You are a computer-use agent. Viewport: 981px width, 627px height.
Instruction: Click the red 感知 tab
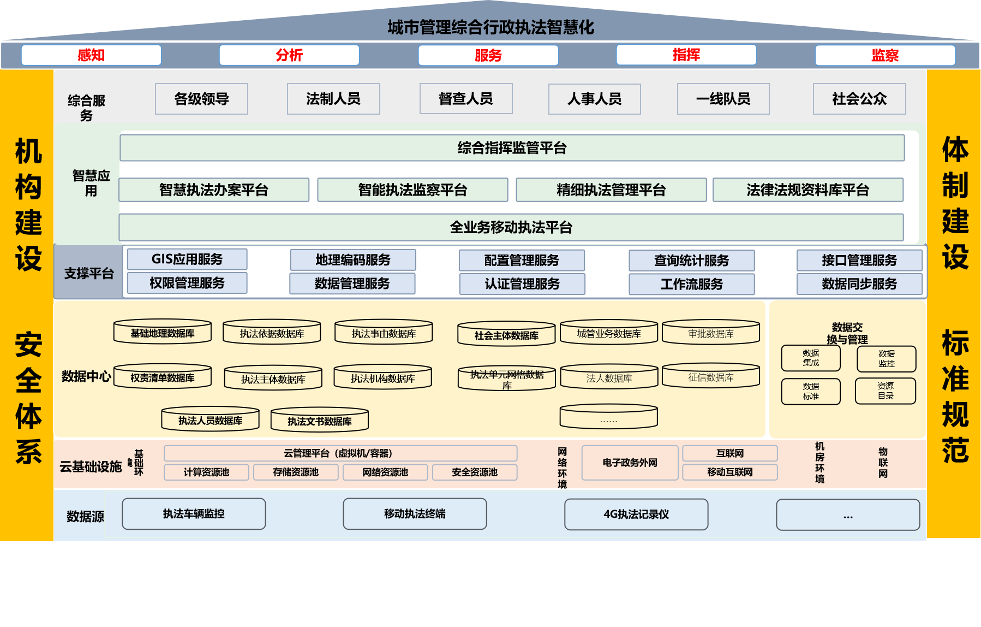(91, 55)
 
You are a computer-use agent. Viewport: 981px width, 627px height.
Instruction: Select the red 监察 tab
(884, 55)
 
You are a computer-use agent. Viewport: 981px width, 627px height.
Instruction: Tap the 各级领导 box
(201, 99)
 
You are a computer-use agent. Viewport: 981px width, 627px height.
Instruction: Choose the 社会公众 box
(859, 99)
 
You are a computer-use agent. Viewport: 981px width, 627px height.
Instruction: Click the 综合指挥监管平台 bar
(512, 148)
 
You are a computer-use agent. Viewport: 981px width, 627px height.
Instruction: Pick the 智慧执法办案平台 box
(214, 190)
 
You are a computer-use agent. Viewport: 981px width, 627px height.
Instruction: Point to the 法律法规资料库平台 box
(807, 190)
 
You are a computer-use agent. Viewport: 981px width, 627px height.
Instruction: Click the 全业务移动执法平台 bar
(511, 227)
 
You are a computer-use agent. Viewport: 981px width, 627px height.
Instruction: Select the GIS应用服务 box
(187, 259)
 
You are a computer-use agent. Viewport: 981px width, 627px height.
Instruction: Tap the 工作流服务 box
(691, 284)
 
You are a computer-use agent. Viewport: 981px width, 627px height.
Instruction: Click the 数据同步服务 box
(859, 284)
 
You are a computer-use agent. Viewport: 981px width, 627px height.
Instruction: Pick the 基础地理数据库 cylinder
(163, 333)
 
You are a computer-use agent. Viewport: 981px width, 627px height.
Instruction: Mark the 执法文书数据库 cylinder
(320, 421)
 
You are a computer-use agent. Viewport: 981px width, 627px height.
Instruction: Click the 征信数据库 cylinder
(710, 377)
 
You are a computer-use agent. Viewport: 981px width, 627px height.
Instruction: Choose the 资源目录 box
(885, 391)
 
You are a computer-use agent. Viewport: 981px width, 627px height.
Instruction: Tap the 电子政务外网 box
(630, 463)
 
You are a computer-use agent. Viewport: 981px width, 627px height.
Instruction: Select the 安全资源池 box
(474, 472)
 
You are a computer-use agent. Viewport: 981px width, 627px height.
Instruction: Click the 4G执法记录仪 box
(636, 514)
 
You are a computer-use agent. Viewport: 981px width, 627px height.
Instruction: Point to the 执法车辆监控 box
(194, 513)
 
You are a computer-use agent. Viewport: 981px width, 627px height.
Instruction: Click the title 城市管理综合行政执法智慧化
(490, 27)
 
